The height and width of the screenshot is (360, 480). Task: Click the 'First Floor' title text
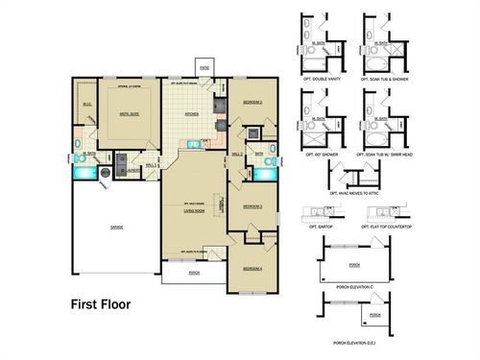pos(100,305)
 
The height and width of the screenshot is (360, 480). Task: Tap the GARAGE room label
pos(115,228)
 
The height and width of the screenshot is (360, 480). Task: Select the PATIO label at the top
pos(204,68)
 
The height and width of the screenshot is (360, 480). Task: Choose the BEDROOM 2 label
pos(252,102)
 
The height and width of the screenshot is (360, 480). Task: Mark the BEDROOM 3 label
pos(252,205)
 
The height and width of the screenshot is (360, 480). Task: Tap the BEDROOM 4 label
pos(252,268)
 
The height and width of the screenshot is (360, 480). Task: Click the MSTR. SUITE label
pos(118,112)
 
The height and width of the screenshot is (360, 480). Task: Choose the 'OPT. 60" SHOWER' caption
pos(323,153)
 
